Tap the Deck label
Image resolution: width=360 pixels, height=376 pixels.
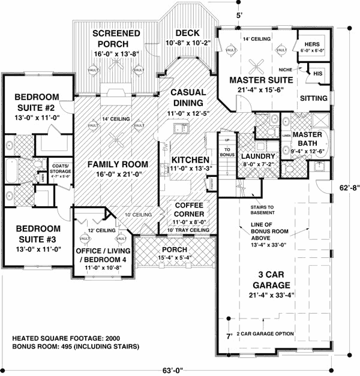coord(187,33)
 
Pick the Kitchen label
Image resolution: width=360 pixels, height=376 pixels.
coord(190,160)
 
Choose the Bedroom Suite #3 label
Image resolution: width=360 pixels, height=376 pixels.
coord(37,233)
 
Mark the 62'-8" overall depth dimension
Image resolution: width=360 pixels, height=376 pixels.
coord(346,187)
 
